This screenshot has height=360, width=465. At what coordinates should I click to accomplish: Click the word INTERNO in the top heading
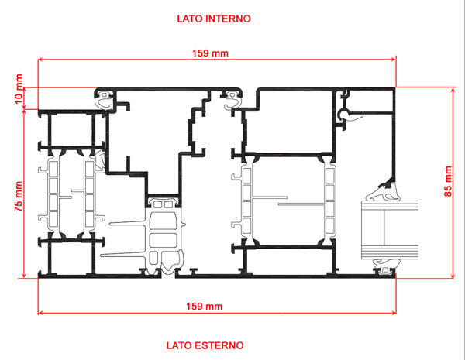228,19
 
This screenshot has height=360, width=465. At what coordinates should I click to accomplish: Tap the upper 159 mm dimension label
210,53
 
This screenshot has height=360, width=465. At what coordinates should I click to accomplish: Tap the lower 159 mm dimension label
204,306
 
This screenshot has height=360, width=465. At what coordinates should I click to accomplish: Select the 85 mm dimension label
448,181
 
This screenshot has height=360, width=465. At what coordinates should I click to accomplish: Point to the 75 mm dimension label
19,197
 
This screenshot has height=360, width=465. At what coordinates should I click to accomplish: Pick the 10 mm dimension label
19,89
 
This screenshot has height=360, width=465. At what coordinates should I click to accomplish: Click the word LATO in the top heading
190,19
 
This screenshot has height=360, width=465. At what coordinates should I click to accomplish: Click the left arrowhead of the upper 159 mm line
40,60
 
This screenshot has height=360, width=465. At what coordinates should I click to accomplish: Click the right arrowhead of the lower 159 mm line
394,313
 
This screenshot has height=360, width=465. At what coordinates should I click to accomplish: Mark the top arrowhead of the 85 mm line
453,90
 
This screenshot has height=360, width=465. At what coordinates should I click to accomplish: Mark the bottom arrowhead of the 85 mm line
453,276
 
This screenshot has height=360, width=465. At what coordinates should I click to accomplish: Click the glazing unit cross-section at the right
389,230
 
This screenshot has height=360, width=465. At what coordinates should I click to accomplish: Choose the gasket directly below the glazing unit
384,265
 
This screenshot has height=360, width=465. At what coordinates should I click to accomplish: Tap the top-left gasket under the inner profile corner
105,99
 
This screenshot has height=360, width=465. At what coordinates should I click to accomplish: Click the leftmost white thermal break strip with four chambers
53,194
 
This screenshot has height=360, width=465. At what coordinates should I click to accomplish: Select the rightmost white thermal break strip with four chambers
330,201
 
